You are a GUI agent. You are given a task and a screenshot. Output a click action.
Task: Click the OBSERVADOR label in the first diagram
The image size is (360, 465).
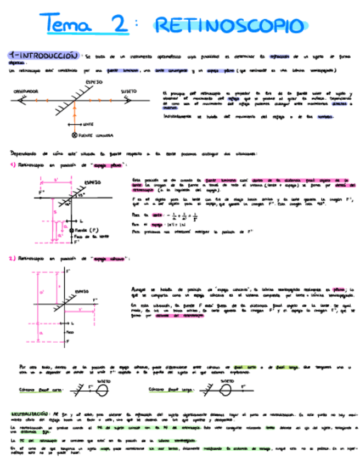tap(25, 92)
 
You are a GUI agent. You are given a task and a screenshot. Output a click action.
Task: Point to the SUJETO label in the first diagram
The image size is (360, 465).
tap(128, 92)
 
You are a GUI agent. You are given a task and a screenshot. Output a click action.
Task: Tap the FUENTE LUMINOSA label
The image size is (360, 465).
tap(96, 134)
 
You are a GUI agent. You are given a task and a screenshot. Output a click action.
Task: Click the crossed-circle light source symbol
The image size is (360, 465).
tap(75, 134)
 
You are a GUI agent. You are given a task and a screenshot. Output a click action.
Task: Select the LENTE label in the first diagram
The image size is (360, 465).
tap(87, 124)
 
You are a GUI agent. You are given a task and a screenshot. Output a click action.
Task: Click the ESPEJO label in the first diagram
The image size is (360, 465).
tap(94, 82)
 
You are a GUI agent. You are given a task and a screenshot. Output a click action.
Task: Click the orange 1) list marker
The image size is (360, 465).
tap(12, 165)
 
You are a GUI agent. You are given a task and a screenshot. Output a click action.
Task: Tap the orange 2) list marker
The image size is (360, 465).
tap(12, 258)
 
